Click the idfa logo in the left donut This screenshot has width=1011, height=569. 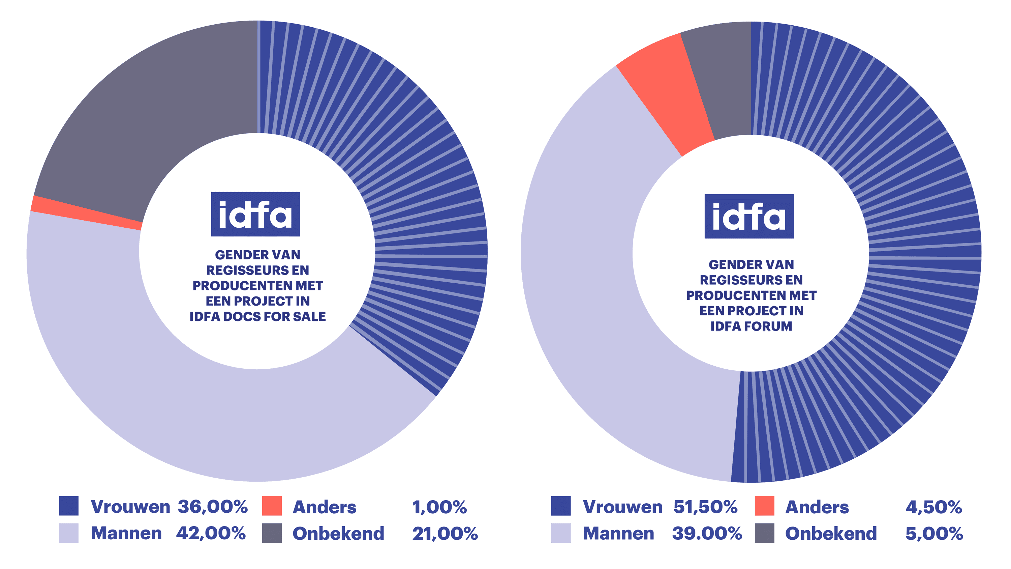tap(255, 214)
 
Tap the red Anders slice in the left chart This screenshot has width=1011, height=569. tap(86, 212)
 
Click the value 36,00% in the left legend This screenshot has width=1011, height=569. tap(212, 507)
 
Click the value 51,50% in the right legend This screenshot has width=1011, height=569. tap(705, 507)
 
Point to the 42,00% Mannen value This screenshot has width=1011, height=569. tap(211, 533)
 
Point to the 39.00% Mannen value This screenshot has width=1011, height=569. tap(707, 533)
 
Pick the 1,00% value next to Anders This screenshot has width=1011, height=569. tap(439, 507)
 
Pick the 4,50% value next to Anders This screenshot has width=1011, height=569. tap(933, 507)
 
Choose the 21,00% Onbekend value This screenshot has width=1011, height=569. tap(445, 534)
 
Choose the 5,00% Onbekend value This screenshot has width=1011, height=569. tap(934, 534)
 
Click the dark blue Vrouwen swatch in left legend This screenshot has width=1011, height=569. tap(69, 506)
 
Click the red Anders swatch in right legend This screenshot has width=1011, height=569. tap(764, 506)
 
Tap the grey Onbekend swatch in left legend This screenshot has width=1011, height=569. tap(272, 533)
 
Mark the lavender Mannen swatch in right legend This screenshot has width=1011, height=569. tap(560, 533)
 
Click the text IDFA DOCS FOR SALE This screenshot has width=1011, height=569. tap(257, 316)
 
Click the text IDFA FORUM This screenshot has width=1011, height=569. tap(751, 326)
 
